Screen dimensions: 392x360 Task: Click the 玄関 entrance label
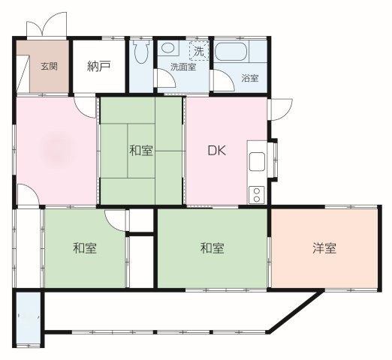pyautogui.click(x=50, y=67)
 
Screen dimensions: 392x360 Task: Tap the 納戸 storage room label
pyautogui.click(x=99, y=66)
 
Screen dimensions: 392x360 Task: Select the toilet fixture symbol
pyautogui.click(x=141, y=52)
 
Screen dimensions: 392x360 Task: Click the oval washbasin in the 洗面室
pyautogui.click(x=167, y=47)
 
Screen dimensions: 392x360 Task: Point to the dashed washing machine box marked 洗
pyautogui.click(x=199, y=51)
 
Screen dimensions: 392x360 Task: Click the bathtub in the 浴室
pyautogui.click(x=231, y=52)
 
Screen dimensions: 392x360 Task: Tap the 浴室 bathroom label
pyautogui.click(x=250, y=78)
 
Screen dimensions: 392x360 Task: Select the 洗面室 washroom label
pyautogui.click(x=183, y=67)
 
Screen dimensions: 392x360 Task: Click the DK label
pyautogui.click(x=217, y=151)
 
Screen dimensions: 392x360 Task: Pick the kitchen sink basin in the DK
pyautogui.click(x=257, y=161)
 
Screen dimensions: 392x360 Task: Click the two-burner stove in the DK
pyautogui.click(x=257, y=195)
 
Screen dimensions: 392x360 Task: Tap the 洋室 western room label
pyautogui.click(x=324, y=248)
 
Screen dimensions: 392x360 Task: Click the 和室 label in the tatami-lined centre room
pyautogui.click(x=141, y=151)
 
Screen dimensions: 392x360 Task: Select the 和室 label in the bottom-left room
pyautogui.click(x=85, y=248)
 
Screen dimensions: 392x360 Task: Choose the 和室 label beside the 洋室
pyautogui.click(x=213, y=248)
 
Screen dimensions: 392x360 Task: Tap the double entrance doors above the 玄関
pyautogui.click(x=47, y=25)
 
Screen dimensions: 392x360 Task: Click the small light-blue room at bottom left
pyautogui.click(x=29, y=319)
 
